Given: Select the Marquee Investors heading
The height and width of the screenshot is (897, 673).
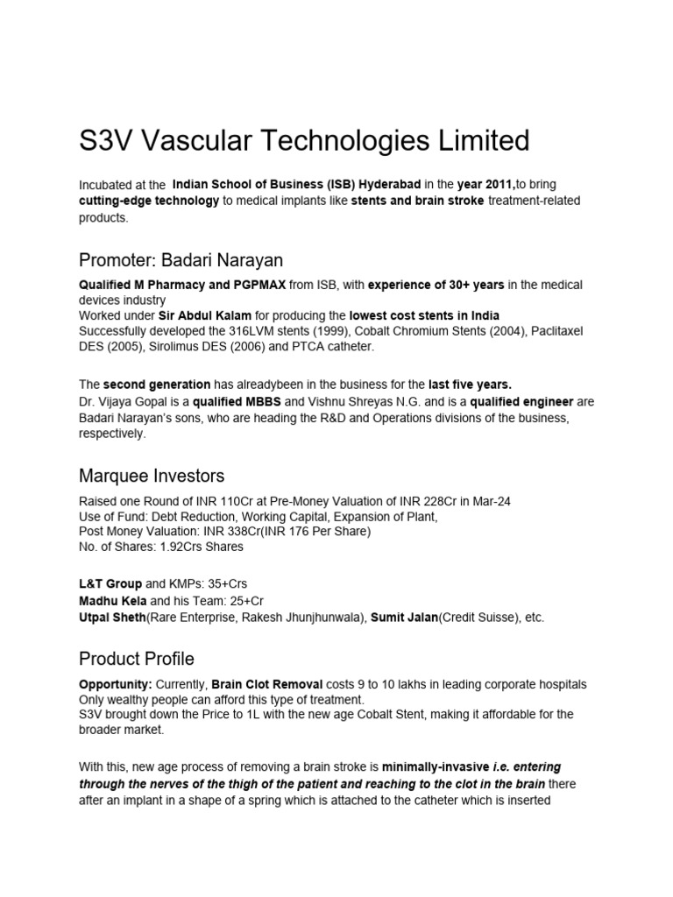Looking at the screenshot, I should pos(152,476).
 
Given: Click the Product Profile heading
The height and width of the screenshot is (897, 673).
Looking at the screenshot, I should pos(137,658).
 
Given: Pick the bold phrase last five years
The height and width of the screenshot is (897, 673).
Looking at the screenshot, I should pos(471,385).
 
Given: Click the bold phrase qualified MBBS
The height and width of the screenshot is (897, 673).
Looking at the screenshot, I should pos(231,401).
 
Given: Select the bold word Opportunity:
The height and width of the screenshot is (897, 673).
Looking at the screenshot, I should pos(117,683).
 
